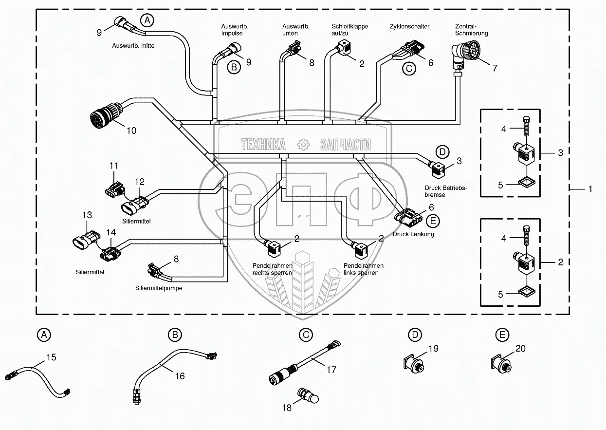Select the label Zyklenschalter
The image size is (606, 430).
point(409,26)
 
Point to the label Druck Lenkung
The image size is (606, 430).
point(413,234)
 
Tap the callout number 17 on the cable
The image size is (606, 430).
point(331,370)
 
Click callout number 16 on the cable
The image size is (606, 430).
point(180,376)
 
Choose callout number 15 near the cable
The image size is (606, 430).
point(51,357)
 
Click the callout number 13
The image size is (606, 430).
point(87,215)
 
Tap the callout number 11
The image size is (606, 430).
point(113,166)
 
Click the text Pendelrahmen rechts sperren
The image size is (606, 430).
point(272,269)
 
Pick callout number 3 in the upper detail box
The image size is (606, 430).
point(560,152)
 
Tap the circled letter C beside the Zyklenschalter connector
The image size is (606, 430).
point(408,68)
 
